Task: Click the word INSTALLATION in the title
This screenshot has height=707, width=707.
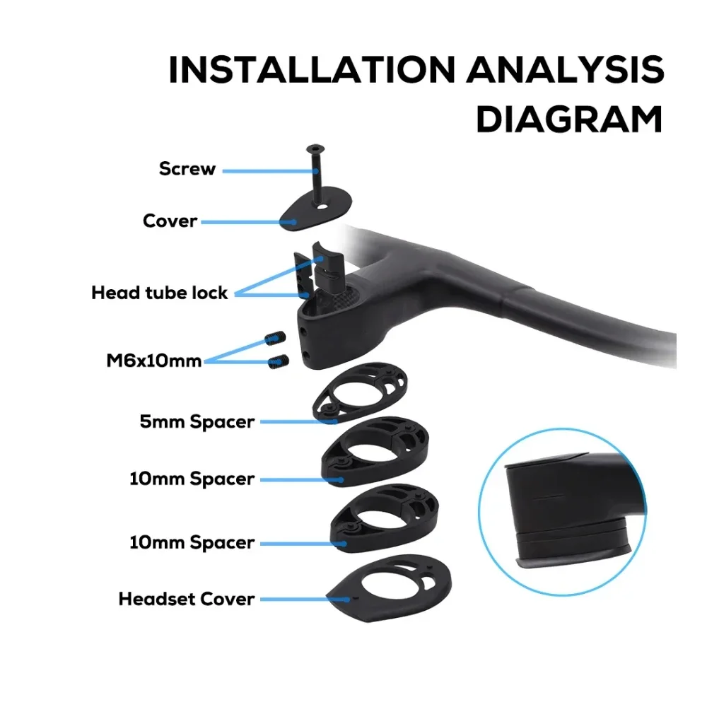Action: coord(312,69)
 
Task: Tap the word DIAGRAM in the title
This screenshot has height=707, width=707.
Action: coord(569,119)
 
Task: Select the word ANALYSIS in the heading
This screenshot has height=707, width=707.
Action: coord(565,69)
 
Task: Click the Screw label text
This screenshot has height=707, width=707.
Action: coord(187,169)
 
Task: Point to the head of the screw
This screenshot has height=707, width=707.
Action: coord(315,148)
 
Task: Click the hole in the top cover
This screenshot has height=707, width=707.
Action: coord(322,206)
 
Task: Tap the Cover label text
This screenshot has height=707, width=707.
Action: coord(170,221)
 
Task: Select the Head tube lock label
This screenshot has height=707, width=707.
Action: coord(159,293)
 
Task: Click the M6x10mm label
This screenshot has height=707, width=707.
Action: coord(153,361)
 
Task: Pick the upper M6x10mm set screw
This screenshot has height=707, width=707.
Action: coord(275,338)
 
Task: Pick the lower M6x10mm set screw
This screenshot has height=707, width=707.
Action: coord(278,361)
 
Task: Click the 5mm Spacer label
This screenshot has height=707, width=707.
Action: coord(197,422)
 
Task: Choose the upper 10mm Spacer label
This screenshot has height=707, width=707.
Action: coord(192,479)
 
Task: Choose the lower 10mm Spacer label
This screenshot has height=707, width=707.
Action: coord(192,542)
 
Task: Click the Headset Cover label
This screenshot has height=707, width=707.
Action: coord(187,600)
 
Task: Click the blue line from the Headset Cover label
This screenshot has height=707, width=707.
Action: coord(305,600)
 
